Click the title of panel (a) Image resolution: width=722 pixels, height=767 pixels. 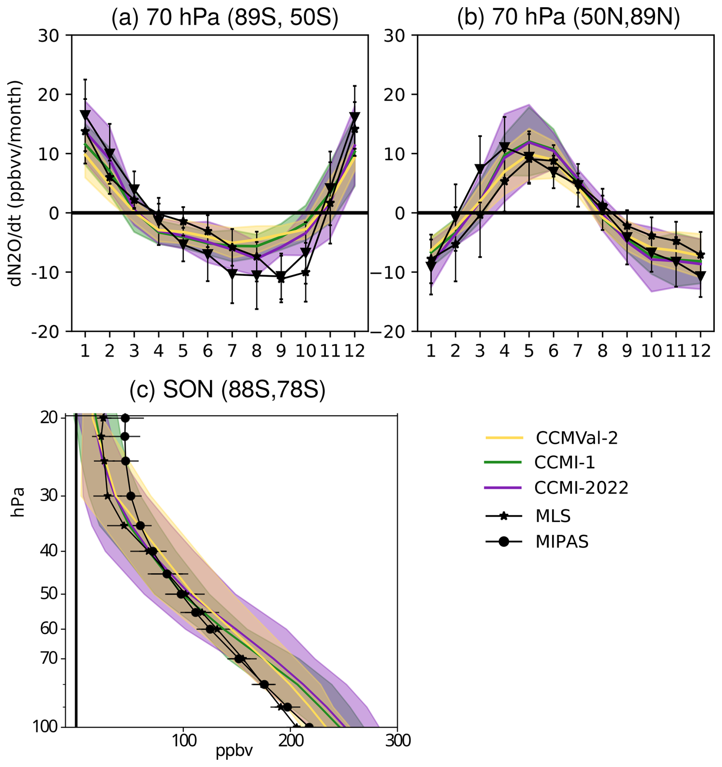[x=225, y=18]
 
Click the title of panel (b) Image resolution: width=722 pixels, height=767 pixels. [x=568, y=18]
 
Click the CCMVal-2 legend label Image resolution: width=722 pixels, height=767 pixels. [x=577, y=438]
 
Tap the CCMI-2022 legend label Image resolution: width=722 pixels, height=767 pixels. [x=582, y=488]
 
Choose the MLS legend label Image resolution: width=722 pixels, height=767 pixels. [x=553, y=516]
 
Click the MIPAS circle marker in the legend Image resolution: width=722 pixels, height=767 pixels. [x=504, y=542]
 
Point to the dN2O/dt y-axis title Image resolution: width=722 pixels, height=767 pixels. [x=16, y=183]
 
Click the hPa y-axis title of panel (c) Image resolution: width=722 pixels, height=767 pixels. [x=17, y=502]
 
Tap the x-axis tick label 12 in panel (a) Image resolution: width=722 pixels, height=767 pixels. [x=355, y=351]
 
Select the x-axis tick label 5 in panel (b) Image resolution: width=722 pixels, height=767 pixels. [x=529, y=351]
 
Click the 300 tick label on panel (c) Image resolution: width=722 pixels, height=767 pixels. [x=397, y=741]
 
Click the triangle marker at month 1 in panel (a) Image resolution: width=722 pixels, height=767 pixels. [x=85, y=114]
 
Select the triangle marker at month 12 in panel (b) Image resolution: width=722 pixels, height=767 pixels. [x=700, y=276]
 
